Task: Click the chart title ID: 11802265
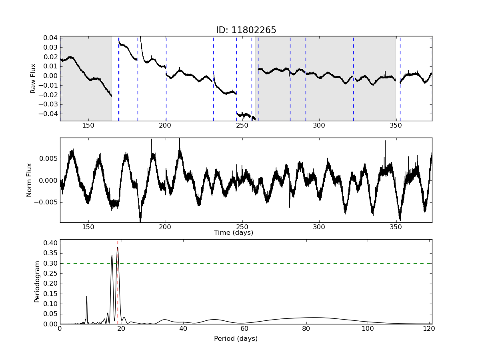(x=246, y=30)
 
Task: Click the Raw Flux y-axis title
(x=33, y=78)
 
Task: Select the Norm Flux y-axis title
(x=29, y=180)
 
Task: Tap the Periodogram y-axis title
(x=37, y=282)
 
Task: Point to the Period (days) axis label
(x=236, y=339)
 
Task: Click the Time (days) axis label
(x=234, y=233)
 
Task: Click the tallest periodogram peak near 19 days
(x=118, y=247)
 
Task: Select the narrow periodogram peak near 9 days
(x=87, y=296)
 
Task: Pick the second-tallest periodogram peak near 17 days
(x=112, y=256)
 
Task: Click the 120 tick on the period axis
(x=429, y=329)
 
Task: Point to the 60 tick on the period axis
(x=244, y=329)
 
